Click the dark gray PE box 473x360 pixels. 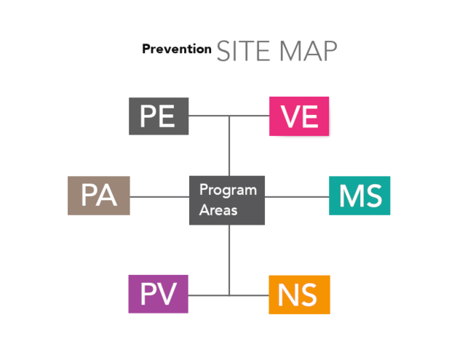point(159,116)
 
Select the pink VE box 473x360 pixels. point(299,116)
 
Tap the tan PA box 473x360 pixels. point(99,196)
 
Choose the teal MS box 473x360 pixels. point(359,196)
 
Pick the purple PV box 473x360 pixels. point(159,294)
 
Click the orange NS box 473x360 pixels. point(299,295)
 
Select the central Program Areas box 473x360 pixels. point(227,200)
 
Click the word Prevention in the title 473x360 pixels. point(177,49)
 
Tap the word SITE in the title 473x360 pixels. point(243,51)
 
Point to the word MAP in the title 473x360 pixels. point(309,51)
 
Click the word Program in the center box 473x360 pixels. point(228,191)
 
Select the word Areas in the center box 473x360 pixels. point(218,210)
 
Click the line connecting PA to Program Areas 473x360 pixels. point(159,197)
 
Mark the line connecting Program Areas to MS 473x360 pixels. point(297,197)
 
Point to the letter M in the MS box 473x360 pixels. point(350,196)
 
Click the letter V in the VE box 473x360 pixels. point(291,116)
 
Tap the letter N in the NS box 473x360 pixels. point(287,295)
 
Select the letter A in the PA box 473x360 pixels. point(107,196)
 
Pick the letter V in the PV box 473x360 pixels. point(166,294)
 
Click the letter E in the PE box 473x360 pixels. point(167,116)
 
